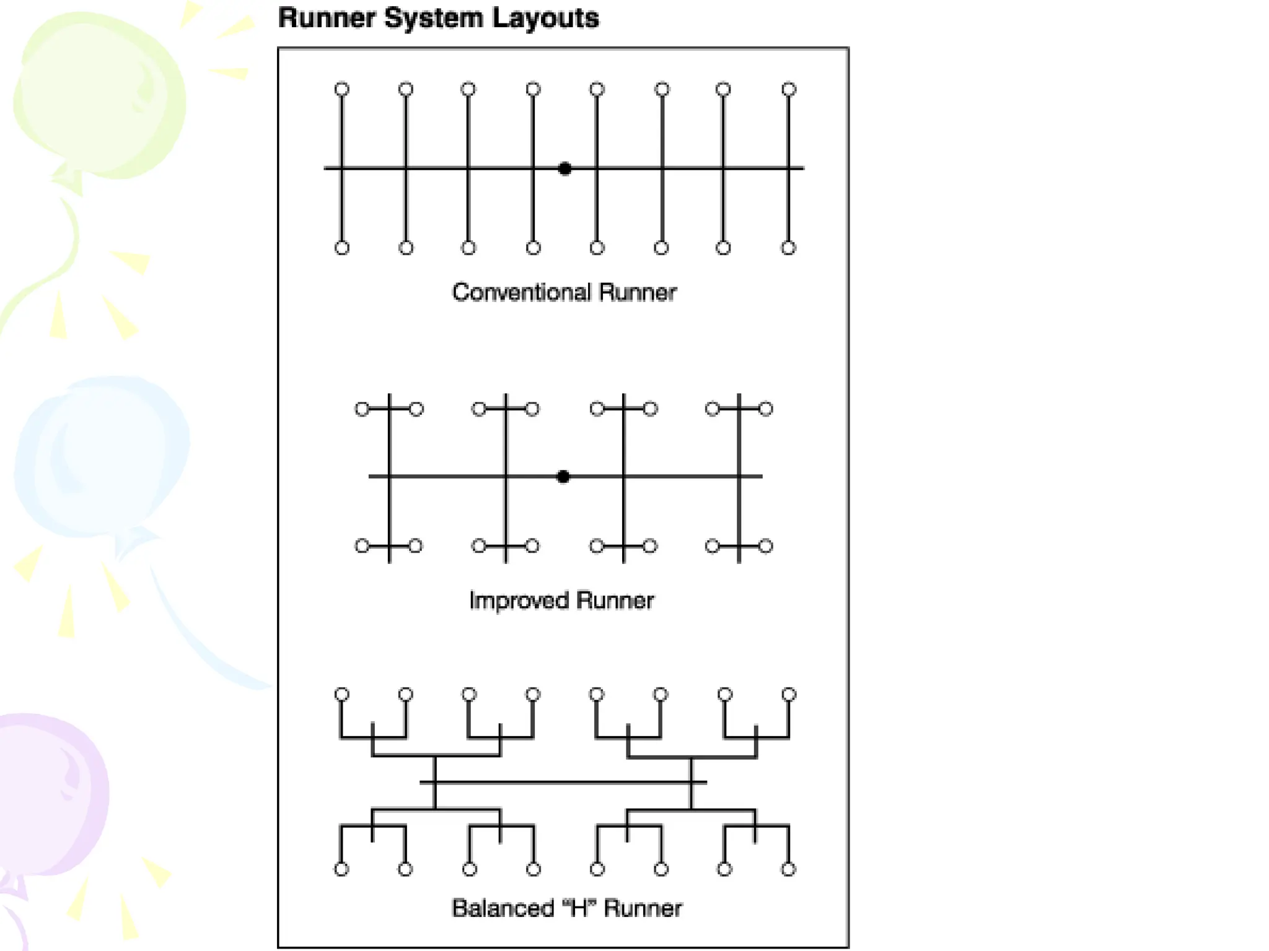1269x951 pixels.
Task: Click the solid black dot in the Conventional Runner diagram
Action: click(564, 168)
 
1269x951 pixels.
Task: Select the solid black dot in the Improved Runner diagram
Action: click(563, 477)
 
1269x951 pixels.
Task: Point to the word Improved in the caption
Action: click(519, 600)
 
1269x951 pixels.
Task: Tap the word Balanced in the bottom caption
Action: click(503, 908)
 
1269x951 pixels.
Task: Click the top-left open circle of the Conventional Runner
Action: click(342, 89)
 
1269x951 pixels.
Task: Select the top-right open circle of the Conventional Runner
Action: click(789, 89)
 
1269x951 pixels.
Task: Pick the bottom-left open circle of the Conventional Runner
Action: click(342, 248)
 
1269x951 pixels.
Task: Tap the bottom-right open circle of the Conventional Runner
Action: click(788, 248)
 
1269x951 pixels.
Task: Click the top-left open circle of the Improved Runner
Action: click(362, 409)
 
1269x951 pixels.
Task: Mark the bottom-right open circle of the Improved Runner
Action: click(766, 546)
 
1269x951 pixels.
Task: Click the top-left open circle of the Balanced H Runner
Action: click(342, 694)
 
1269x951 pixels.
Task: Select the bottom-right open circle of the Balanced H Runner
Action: click(788, 869)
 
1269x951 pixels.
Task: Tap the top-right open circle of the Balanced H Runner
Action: click(789, 694)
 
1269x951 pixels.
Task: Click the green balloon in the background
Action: click(99, 93)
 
